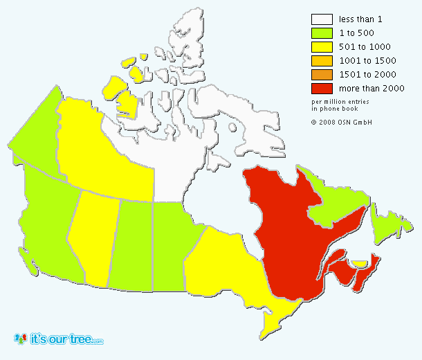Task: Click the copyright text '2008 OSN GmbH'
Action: (345, 122)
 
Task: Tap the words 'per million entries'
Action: (339, 102)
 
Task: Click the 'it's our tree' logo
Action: (59, 339)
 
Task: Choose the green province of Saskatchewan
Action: (131, 242)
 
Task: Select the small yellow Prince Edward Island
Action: (360, 264)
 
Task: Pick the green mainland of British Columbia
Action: (48, 215)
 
